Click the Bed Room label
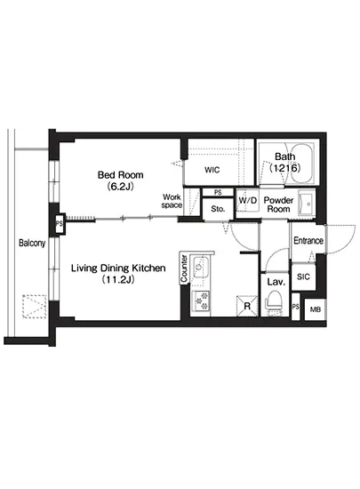point(120,174)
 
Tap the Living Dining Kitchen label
point(118,268)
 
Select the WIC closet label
point(212,170)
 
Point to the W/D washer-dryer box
point(247,200)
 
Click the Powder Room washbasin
point(306,204)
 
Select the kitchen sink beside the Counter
point(200,268)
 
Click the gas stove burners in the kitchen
point(200,301)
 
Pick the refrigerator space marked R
point(247,306)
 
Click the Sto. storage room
point(218,209)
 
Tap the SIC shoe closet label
point(303,277)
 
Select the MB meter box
point(316,309)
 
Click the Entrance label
point(308,240)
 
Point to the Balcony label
point(32,243)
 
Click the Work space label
point(172,201)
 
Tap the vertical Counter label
point(184,269)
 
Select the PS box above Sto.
point(218,192)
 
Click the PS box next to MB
point(295,307)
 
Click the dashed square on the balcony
point(34,306)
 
